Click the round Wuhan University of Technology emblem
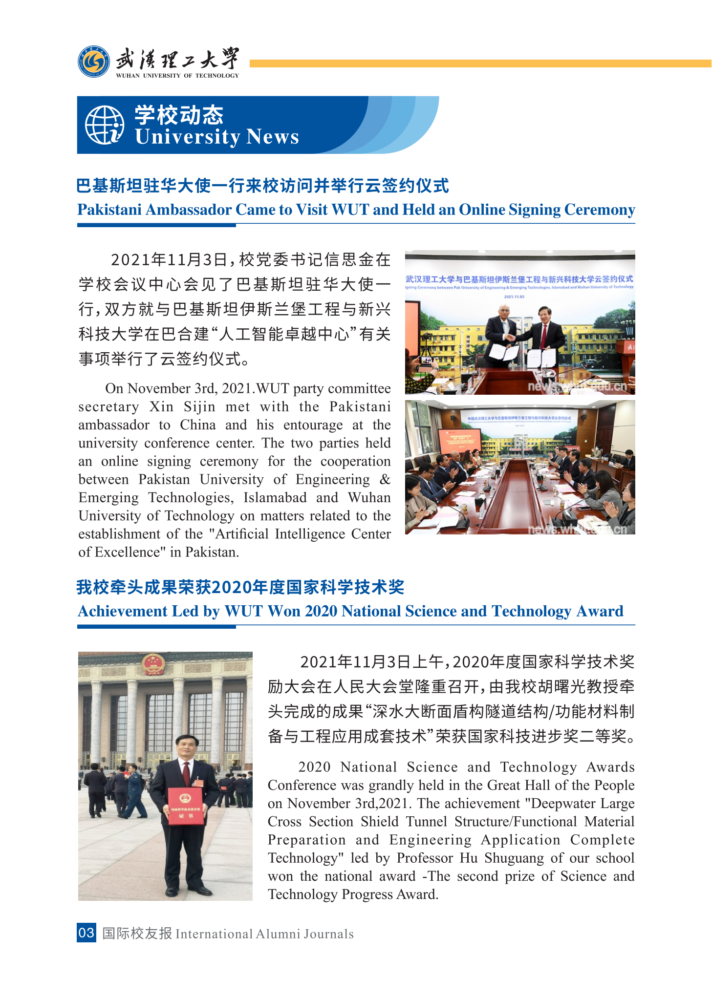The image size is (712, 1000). (94, 62)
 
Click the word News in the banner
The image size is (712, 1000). (273, 137)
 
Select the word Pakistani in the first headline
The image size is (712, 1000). (109, 210)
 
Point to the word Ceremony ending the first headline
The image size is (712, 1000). (600, 210)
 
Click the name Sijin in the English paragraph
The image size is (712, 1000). (199, 407)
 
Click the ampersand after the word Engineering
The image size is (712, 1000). (385, 479)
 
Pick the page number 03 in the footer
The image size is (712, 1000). (86, 933)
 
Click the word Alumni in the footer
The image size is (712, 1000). (278, 934)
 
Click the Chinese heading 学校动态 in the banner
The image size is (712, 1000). (179, 115)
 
